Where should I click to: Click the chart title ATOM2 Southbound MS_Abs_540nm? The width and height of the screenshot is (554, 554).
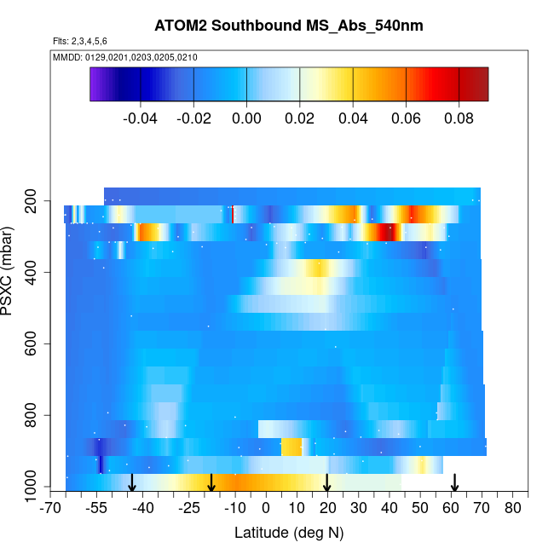(x=289, y=26)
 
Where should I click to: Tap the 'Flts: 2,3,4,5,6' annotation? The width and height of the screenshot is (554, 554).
(x=80, y=41)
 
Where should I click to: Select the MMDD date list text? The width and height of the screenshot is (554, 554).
(x=125, y=57)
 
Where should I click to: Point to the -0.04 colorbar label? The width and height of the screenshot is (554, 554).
(x=141, y=118)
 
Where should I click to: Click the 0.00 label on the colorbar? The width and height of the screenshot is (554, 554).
(x=246, y=118)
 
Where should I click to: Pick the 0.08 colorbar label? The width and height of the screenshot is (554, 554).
(x=459, y=118)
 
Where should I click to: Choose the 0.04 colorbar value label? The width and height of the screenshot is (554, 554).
(x=353, y=118)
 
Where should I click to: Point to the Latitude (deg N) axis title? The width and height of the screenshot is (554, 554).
(x=289, y=533)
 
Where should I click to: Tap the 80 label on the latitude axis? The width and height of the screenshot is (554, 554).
(x=512, y=509)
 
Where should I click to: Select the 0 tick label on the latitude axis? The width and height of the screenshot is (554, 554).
(x=266, y=509)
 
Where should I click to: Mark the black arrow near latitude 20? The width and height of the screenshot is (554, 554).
(x=327, y=483)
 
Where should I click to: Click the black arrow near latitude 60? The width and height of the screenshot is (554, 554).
(x=454, y=483)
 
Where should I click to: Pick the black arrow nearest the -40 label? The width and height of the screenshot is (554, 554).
(x=132, y=483)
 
